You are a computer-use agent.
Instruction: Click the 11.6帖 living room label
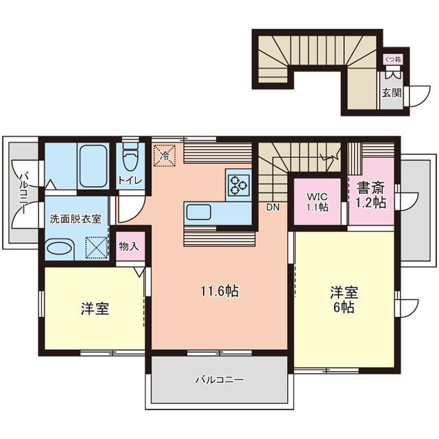click(219, 291)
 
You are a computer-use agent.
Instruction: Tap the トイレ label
click(130, 180)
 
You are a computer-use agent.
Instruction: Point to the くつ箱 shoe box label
click(392, 60)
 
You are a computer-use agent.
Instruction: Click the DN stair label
click(272, 206)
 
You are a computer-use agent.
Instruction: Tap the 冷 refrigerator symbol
click(165, 156)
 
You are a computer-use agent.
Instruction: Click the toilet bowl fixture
click(130, 157)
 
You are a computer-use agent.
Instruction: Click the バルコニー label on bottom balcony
click(219, 379)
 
